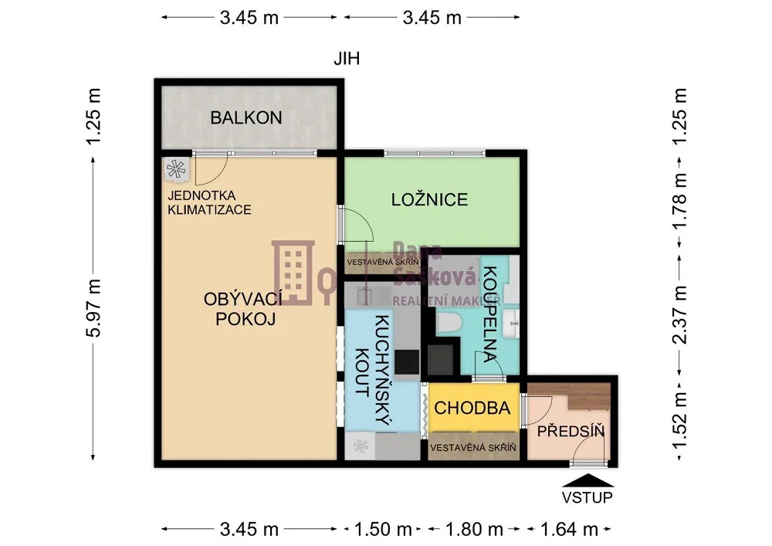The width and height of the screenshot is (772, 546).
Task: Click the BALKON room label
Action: (x=246, y=117)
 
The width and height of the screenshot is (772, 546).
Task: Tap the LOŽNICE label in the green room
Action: (x=429, y=199)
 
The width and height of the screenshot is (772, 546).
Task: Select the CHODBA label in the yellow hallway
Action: (x=472, y=408)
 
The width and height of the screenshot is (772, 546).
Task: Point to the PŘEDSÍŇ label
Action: (x=571, y=431)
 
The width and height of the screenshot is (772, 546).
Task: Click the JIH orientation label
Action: (x=347, y=59)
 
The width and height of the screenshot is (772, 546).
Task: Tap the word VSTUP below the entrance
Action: (x=587, y=497)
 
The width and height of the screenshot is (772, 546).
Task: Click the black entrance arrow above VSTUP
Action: (x=587, y=480)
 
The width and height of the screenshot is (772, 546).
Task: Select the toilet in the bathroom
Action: (x=449, y=323)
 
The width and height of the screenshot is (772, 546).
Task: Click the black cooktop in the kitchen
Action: (x=407, y=361)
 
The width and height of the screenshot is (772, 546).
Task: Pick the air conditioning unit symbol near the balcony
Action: (x=175, y=169)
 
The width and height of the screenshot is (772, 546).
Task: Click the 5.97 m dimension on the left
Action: (x=93, y=307)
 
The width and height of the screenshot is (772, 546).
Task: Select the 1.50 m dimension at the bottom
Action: (x=383, y=529)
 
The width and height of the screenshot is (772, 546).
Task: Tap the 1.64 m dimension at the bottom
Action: (x=569, y=529)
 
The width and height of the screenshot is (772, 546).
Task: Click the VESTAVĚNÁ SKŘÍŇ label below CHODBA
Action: (x=472, y=447)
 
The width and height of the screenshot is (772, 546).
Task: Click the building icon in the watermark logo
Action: (x=293, y=273)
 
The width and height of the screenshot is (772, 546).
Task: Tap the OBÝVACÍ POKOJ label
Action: (x=242, y=309)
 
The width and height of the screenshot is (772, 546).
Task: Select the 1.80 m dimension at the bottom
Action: (x=474, y=529)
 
